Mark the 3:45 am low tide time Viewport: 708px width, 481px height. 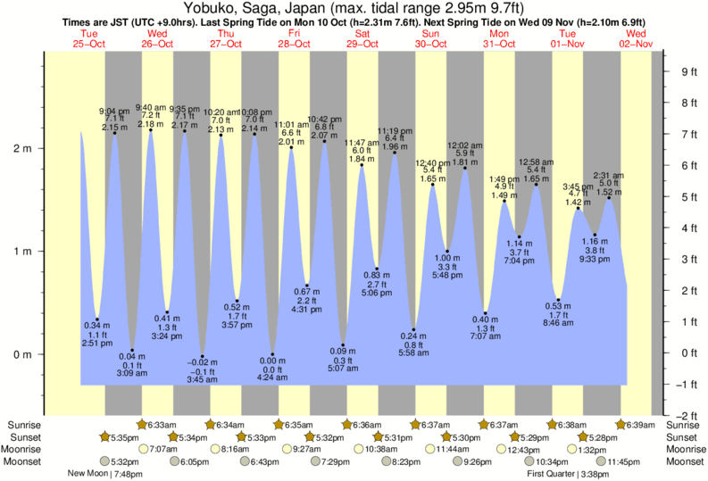202,379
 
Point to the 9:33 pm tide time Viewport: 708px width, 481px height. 596,260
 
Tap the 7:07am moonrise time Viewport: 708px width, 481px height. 163,450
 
